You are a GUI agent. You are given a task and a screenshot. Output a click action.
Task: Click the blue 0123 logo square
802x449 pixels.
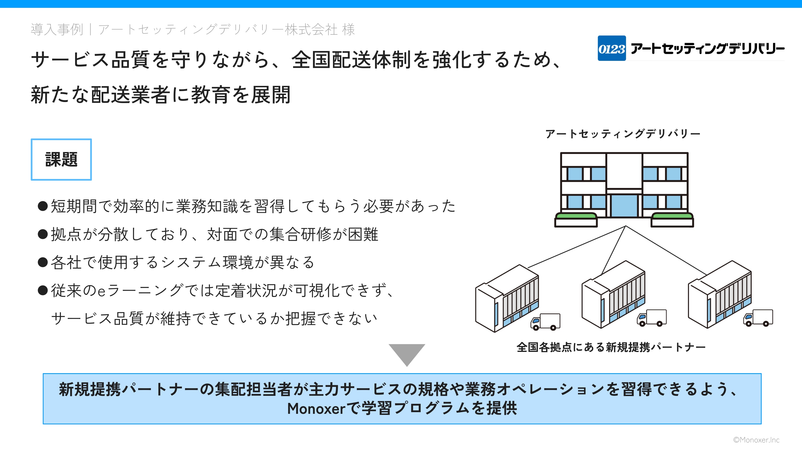coord(611,48)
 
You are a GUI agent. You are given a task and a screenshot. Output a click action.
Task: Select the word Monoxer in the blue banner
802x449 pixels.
coord(316,408)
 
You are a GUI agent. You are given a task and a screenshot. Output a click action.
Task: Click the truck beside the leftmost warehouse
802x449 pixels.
coord(545,322)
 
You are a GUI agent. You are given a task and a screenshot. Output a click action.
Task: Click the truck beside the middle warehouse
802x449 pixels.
coord(652,318)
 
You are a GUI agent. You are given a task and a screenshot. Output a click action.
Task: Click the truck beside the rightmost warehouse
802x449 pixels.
coord(758,318)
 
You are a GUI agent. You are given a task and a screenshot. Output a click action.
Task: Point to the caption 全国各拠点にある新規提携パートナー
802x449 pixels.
coord(611,347)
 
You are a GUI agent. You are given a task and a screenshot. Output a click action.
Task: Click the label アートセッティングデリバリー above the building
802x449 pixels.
coord(623,134)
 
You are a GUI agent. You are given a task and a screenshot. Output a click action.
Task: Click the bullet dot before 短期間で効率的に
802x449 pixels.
coord(43,206)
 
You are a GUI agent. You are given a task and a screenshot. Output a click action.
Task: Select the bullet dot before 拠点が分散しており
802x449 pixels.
coord(43,234)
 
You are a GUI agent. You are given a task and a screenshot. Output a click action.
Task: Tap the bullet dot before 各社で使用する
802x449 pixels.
coord(43,262)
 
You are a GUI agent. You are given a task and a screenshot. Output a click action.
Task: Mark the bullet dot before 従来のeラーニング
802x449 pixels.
coord(43,291)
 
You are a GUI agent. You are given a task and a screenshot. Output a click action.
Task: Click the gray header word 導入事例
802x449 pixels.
coord(57,29)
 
